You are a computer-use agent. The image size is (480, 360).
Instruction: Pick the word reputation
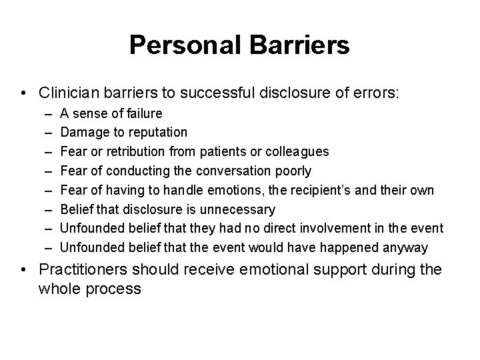[155, 133]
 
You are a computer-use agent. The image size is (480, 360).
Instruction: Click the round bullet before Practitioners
[24, 271]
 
